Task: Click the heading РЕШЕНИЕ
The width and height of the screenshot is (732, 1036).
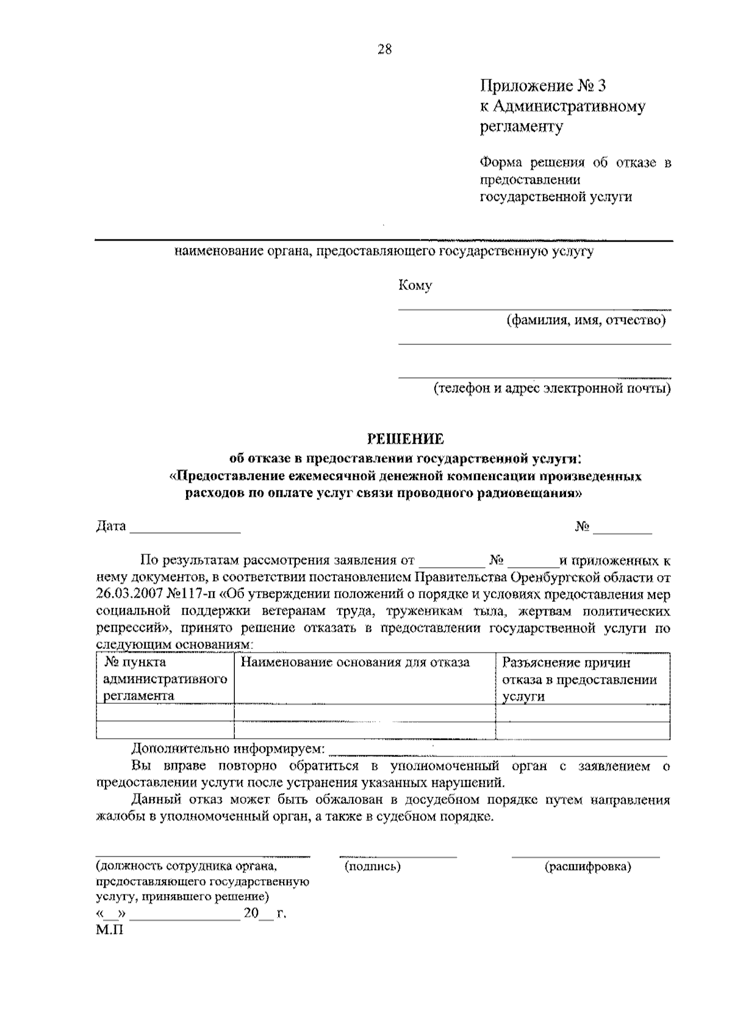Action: [405, 439]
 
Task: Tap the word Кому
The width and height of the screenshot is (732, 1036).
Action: [415, 286]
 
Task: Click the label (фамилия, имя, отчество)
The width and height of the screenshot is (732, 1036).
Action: [586, 320]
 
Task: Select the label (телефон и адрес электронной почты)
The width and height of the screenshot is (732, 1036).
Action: [552, 388]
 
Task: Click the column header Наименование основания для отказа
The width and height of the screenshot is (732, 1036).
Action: [356, 662]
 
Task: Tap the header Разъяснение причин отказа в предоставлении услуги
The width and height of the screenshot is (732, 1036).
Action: [579, 679]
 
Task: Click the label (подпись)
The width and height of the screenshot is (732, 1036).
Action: [373, 866]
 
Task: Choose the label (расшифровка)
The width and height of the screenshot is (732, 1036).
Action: [587, 866]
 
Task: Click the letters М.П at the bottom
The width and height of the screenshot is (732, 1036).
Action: [110, 931]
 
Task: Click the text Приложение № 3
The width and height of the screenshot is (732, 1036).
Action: [543, 85]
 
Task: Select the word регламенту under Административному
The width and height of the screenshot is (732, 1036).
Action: [522, 127]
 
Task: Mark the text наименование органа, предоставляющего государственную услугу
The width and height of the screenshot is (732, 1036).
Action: [384, 252]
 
